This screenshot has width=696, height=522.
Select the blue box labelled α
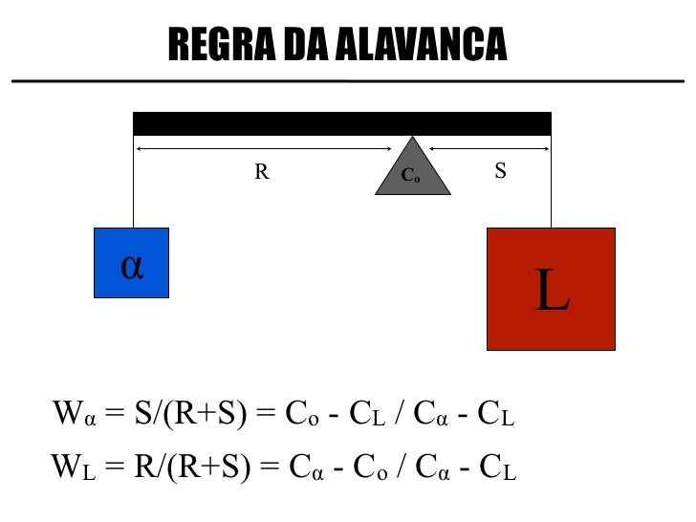(132, 262)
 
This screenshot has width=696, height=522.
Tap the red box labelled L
(551, 289)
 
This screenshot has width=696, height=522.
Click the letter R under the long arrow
(261, 172)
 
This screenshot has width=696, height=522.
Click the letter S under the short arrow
(500, 171)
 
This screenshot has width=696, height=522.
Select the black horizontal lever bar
(341, 123)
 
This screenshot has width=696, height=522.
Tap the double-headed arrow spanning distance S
(489, 149)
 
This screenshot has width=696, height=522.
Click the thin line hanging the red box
(551, 186)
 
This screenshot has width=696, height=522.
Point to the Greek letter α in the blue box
(132, 266)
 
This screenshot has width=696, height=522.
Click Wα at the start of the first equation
(74, 417)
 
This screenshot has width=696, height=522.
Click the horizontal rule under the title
(348, 81)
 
